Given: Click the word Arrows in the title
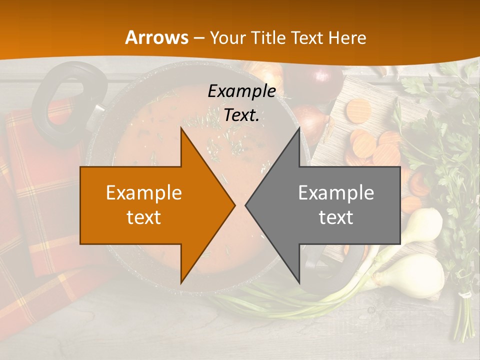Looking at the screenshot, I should (156, 37).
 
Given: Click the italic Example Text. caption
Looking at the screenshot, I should (241, 103).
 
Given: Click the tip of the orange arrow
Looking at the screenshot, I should (233, 205).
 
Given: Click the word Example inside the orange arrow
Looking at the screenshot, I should (144, 193).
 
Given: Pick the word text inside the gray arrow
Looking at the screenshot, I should (336, 217).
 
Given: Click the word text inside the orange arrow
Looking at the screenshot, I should (144, 217).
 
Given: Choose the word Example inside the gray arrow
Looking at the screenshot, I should (336, 193).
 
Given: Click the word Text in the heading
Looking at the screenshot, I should (307, 37).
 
